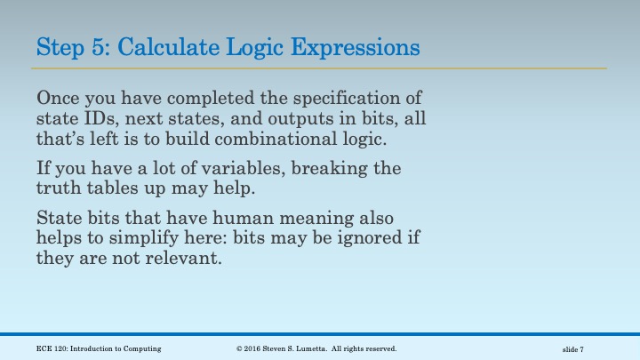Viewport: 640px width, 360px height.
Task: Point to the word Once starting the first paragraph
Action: (x=59, y=97)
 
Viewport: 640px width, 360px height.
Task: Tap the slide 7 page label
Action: (x=572, y=349)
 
